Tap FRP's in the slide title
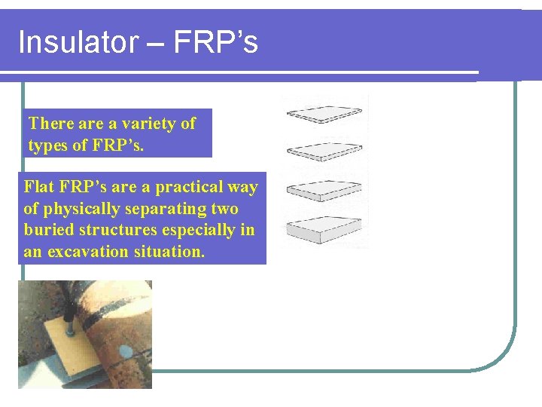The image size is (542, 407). pyautogui.click(x=215, y=42)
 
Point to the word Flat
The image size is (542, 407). pyautogui.click(x=39, y=187)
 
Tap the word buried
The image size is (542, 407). pyautogui.click(x=47, y=230)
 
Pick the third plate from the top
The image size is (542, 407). pyautogui.click(x=325, y=189)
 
